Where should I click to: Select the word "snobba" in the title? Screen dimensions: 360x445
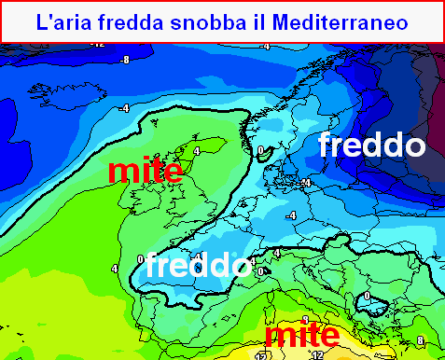click(217, 21)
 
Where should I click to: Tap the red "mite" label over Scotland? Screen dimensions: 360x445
click(145, 170)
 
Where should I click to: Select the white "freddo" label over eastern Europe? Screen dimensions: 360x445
click(371, 145)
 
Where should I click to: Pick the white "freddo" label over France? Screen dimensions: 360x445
click(198, 265)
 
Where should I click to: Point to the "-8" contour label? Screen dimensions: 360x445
click(124, 60)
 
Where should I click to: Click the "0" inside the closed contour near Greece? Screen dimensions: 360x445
click(368, 297)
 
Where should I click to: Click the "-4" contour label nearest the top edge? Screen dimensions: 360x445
click(265, 46)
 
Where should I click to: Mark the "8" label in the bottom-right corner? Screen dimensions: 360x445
click(420, 339)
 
